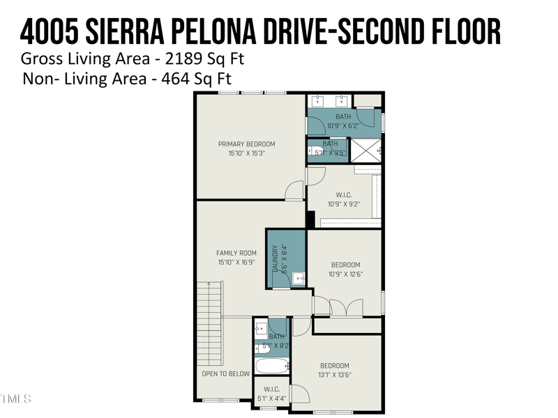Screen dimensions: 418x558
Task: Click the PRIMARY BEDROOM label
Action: pyautogui.click(x=241, y=144)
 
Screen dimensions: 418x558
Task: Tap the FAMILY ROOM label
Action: pyautogui.click(x=236, y=253)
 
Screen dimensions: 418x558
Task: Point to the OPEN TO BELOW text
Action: pyautogui.click(x=225, y=374)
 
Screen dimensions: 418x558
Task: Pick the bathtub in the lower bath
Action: pyautogui.click(x=271, y=366)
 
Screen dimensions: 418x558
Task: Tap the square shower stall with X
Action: pyautogui.click(x=365, y=150)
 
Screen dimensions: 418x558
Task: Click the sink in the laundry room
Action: pyautogui.click(x=298, y=279)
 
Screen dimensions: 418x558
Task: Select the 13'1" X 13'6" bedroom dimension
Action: pyautogui.click(x=334, y=375)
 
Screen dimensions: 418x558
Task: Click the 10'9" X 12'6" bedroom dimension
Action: pyautogui.click(x=345, y=274)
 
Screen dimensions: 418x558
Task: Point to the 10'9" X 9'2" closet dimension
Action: pyautogui.click(x=344, y=205)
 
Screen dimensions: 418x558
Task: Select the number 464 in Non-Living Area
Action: pyautogui.click(x=176, y=79)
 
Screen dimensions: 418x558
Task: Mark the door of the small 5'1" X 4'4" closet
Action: pyautogui.click(x=300, y=394)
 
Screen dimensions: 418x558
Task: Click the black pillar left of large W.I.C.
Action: pyautogui.click(x=310, y=219)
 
